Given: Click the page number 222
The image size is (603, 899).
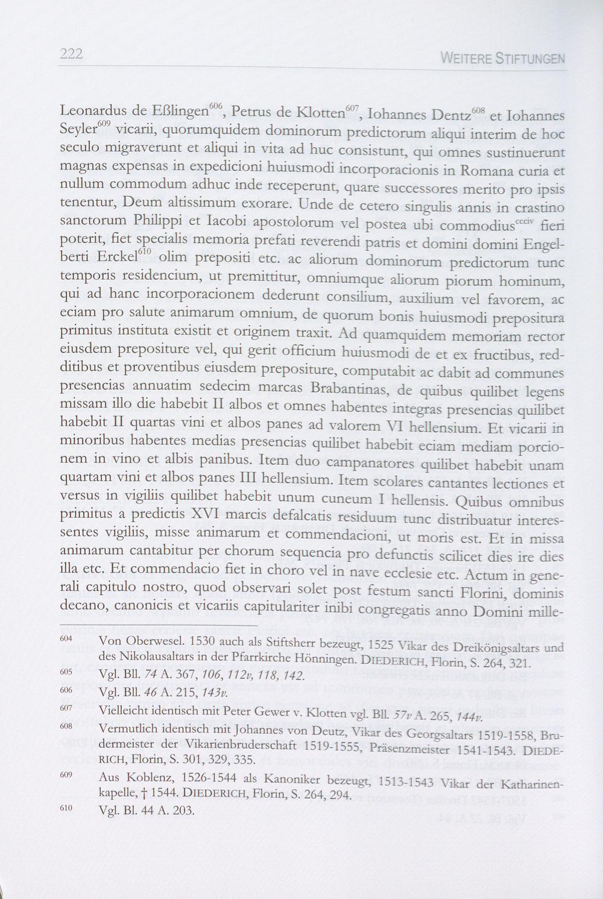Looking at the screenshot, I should [71, 54].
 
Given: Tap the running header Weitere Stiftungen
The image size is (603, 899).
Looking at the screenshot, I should [503, 59].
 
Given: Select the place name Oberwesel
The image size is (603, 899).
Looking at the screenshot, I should [148, 641].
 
